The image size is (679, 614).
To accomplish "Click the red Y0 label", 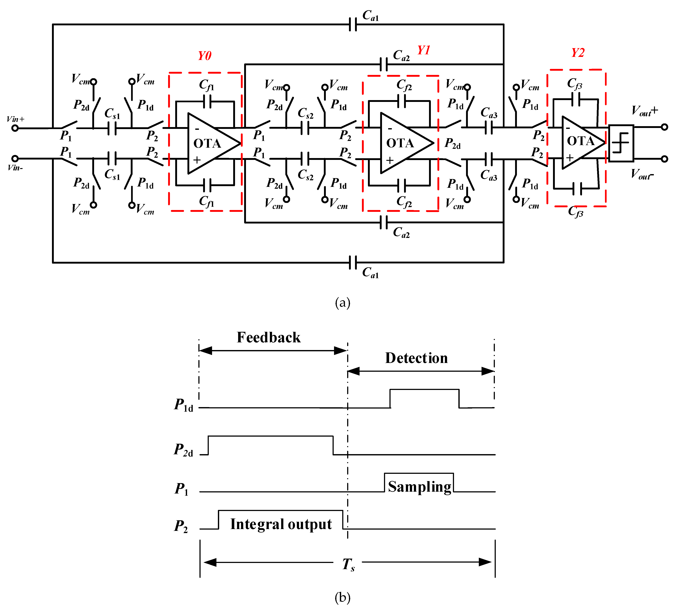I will point(204,56).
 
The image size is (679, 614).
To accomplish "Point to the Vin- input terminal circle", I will point(15,158).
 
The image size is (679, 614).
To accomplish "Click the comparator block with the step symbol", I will point(621,143).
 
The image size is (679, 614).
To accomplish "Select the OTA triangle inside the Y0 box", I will point(211,143).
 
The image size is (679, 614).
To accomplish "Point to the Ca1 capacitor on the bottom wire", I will point(353,262).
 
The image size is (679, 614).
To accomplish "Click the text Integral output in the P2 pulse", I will point(281,524).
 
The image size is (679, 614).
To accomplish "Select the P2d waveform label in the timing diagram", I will point(183,450).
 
